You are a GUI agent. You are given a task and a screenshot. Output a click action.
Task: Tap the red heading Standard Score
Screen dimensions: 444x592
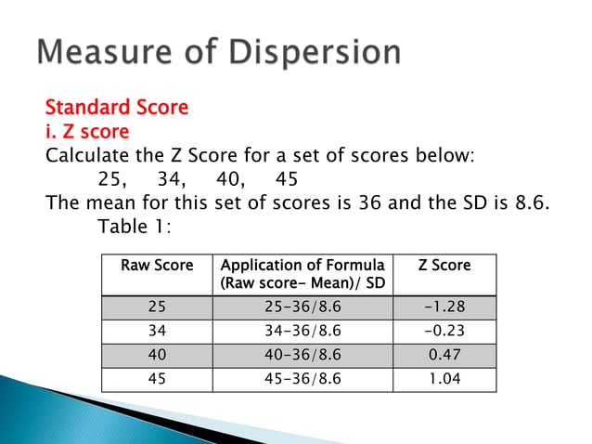point(117,108)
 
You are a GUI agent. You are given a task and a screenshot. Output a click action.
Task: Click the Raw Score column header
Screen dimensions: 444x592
point(158,266)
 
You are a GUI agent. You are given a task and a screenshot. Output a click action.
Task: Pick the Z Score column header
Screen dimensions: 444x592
point(444,266)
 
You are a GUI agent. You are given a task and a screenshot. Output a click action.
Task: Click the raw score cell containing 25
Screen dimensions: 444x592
point(158,308)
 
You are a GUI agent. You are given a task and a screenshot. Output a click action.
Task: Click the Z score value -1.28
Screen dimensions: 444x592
point(444,308)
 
